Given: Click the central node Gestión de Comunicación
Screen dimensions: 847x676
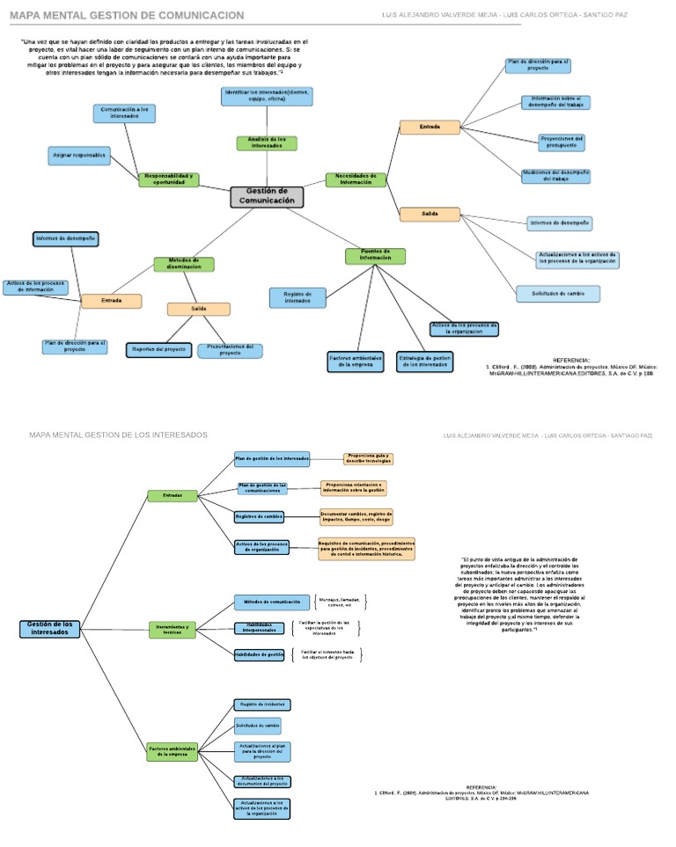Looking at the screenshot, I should [267, 197].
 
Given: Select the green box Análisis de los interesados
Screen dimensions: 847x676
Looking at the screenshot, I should [267, 142].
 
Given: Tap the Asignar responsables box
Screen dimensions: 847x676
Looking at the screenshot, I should [79, 156].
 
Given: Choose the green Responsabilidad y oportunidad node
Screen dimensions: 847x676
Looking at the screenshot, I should [169, 179].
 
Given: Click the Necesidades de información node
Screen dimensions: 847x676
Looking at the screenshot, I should [356, 179].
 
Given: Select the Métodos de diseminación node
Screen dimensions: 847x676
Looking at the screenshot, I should [184, 263].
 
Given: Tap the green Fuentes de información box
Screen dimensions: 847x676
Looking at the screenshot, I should [375, 256].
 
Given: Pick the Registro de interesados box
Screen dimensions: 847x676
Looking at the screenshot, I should [297, 297].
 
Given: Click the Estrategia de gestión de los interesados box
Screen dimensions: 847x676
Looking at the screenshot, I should [424, 361].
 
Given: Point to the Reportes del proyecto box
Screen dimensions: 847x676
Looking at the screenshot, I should [159, 349].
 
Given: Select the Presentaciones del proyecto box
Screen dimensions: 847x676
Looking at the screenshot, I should [230, 350].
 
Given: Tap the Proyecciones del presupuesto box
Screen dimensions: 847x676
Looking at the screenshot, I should [562, 142].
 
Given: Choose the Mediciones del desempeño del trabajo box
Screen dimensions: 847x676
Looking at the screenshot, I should [555, 176].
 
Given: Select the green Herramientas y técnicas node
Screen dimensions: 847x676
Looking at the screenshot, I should [172, 629].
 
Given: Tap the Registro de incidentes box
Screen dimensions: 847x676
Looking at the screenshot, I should [261, 705].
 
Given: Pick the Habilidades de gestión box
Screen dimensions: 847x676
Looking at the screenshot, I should [259, 654].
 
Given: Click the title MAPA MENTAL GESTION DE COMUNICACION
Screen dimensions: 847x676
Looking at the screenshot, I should [127, 16].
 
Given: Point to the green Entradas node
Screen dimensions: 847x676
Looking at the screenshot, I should [173, 496].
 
